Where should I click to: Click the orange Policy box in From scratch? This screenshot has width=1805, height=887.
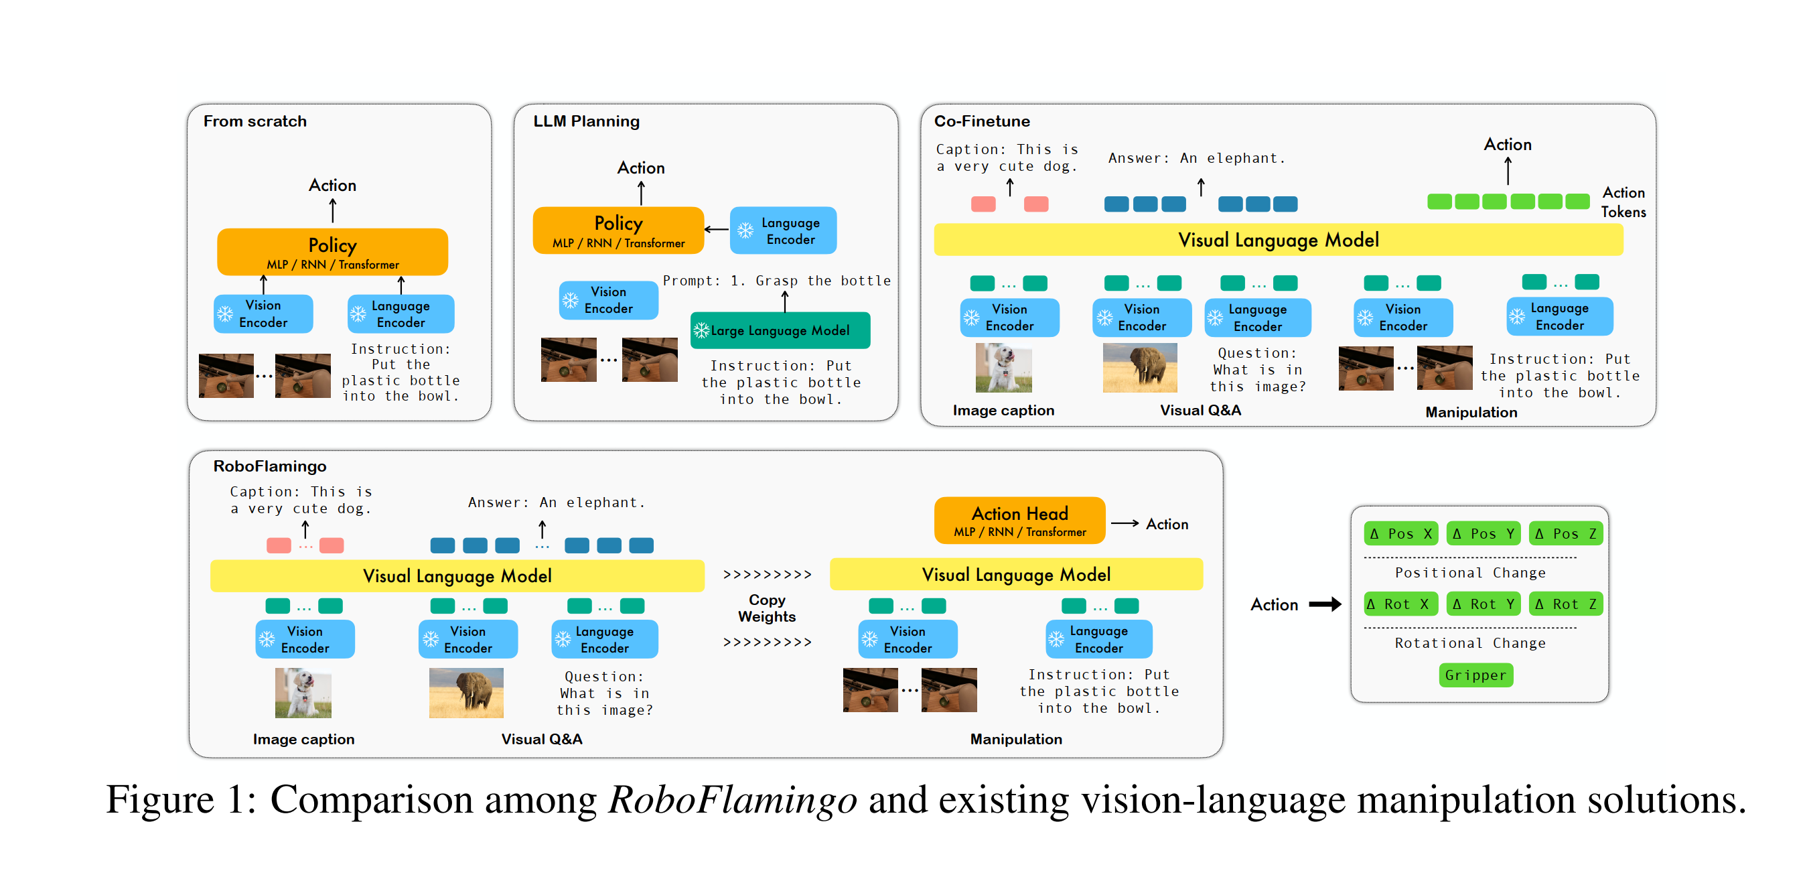point(332,251)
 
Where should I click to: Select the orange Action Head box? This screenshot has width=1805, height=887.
point(1019,521)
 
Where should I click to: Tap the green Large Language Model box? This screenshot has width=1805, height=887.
point(780,331)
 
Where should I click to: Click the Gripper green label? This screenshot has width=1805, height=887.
point(1475,675)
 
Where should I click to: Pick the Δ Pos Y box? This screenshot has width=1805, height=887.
point(1483,534)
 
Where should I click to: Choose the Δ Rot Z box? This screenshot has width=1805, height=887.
point(1565,604)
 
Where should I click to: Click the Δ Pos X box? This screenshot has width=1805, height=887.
point(1400,534)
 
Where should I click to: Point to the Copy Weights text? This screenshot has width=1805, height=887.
point(767,608)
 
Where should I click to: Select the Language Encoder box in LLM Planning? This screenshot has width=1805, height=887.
point(783,230)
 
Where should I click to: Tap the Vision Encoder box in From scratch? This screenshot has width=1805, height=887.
point(263,314)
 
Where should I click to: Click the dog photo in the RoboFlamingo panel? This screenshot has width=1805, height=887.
point(303,693)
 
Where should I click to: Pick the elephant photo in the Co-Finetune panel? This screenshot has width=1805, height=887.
point(1139,367)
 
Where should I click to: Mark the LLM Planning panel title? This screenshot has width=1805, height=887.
point(586,121)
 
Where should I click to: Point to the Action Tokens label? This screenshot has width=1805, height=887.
point(1623,202)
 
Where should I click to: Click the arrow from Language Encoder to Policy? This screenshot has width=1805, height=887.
point(716,230)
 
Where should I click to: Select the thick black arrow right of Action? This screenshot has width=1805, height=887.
point(1324,604)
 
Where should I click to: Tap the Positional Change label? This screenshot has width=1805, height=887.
point(1469,573)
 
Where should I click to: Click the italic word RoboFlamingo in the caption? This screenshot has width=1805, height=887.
point(732,800)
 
